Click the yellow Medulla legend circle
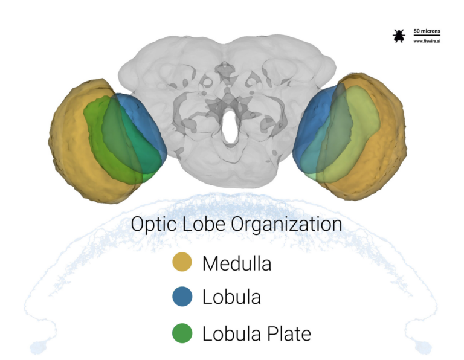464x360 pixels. coord(182,262)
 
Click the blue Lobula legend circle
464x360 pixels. coord(182,297)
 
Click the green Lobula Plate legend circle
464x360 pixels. coord(182,333)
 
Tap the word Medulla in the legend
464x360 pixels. coord(237,263)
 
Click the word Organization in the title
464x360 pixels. coord(286,224)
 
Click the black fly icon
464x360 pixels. coord(399,36)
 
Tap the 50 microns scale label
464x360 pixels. coord(427,31)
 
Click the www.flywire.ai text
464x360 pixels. coord(427,41)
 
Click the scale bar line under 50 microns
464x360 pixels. coord(427,35)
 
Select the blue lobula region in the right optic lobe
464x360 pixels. coord(311,124)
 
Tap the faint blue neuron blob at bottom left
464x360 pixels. coord(37,347)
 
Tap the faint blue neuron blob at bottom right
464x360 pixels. coord(422,347)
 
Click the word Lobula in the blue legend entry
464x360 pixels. coord(231,297)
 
